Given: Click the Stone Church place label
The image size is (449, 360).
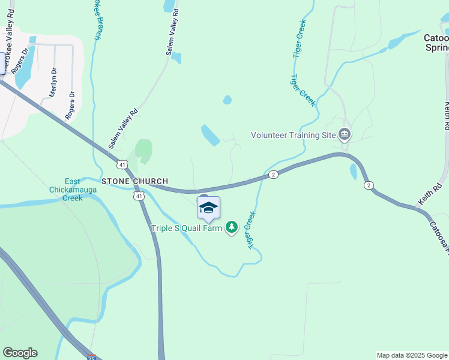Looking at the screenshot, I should point(134,181).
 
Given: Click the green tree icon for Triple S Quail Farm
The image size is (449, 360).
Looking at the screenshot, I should point(232,227).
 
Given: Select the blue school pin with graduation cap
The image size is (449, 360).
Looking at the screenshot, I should point(208,208).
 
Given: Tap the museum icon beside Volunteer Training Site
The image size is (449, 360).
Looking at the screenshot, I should point(345,133).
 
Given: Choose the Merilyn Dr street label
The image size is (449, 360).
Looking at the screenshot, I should point(53,83).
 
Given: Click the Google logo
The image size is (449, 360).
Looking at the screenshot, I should point(20,353).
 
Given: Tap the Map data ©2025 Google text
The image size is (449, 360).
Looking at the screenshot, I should point(411,355).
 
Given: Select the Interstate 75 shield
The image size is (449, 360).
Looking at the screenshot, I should point(91,356).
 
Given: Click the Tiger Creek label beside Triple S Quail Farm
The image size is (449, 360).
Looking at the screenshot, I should point(252,229).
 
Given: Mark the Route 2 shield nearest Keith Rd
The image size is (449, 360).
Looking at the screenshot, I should point(369,185).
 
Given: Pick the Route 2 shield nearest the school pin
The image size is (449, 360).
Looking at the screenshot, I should point(273,174).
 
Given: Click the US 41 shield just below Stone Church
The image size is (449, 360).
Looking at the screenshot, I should point(139,196).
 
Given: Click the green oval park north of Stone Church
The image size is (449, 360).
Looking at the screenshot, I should point(143,151).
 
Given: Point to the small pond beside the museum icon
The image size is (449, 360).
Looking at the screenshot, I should point(353,172).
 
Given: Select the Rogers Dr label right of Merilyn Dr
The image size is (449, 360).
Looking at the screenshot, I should point(71,105).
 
